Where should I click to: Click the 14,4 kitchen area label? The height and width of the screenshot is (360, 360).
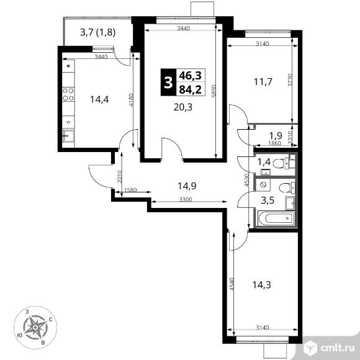[x=99, y=100]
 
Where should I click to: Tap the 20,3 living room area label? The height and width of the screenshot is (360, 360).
[x=183, y=107]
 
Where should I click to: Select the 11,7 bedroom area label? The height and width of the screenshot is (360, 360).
[x=263, y=82]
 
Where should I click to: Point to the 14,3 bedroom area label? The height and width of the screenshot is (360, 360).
[x=262, y=285]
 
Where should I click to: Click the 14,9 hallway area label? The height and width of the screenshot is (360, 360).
[x=187, y=186]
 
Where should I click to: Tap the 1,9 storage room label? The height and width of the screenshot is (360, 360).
[x=276, y=136]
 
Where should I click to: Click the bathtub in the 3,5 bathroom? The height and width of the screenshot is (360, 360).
[x=276, y=218]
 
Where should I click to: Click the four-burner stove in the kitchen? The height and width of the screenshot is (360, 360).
[x=68, y=94]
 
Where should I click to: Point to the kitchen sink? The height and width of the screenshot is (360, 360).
[x=68, y=136]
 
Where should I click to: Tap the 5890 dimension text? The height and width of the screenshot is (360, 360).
[x=214, y=91]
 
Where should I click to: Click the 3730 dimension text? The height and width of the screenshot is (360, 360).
[x=290, y=80]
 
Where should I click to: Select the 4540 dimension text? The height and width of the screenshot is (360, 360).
[x=232, y=284]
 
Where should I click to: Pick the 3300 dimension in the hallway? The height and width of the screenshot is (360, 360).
[x=186, y=200]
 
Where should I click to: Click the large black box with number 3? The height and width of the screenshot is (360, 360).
[x=168, y=82]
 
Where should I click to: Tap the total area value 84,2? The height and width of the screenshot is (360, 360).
[x=191, y=89]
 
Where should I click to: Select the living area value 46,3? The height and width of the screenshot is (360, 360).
[x=191, y=75]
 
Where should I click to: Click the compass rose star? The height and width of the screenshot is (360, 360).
[x=35, y=327]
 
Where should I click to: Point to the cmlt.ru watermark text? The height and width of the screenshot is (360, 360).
[x=338, y=348]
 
